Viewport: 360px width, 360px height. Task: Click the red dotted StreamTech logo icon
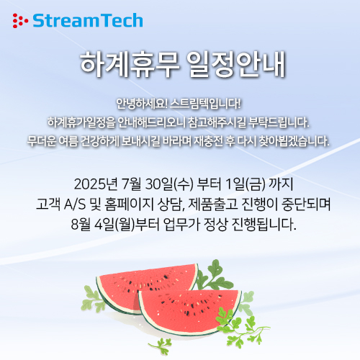[20, 21]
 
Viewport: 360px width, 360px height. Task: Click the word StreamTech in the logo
[88, 20]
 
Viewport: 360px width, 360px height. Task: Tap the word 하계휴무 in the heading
[130, 64]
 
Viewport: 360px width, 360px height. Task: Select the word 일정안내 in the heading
[236, 64]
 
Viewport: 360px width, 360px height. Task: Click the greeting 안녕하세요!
[142, 104]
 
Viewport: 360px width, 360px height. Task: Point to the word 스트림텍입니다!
[205, 104]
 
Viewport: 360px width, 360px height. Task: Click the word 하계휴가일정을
[81, 122]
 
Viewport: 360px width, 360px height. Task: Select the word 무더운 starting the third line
[40, 141]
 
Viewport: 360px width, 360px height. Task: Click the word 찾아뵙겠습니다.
[294, 141]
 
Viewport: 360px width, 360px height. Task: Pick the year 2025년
[96, 184]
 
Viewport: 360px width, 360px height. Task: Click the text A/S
[75, 204]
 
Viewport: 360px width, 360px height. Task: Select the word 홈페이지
[129, 204]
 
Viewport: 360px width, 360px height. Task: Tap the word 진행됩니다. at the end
[264, 225]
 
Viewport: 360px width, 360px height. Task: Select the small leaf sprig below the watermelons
[161, 346]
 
